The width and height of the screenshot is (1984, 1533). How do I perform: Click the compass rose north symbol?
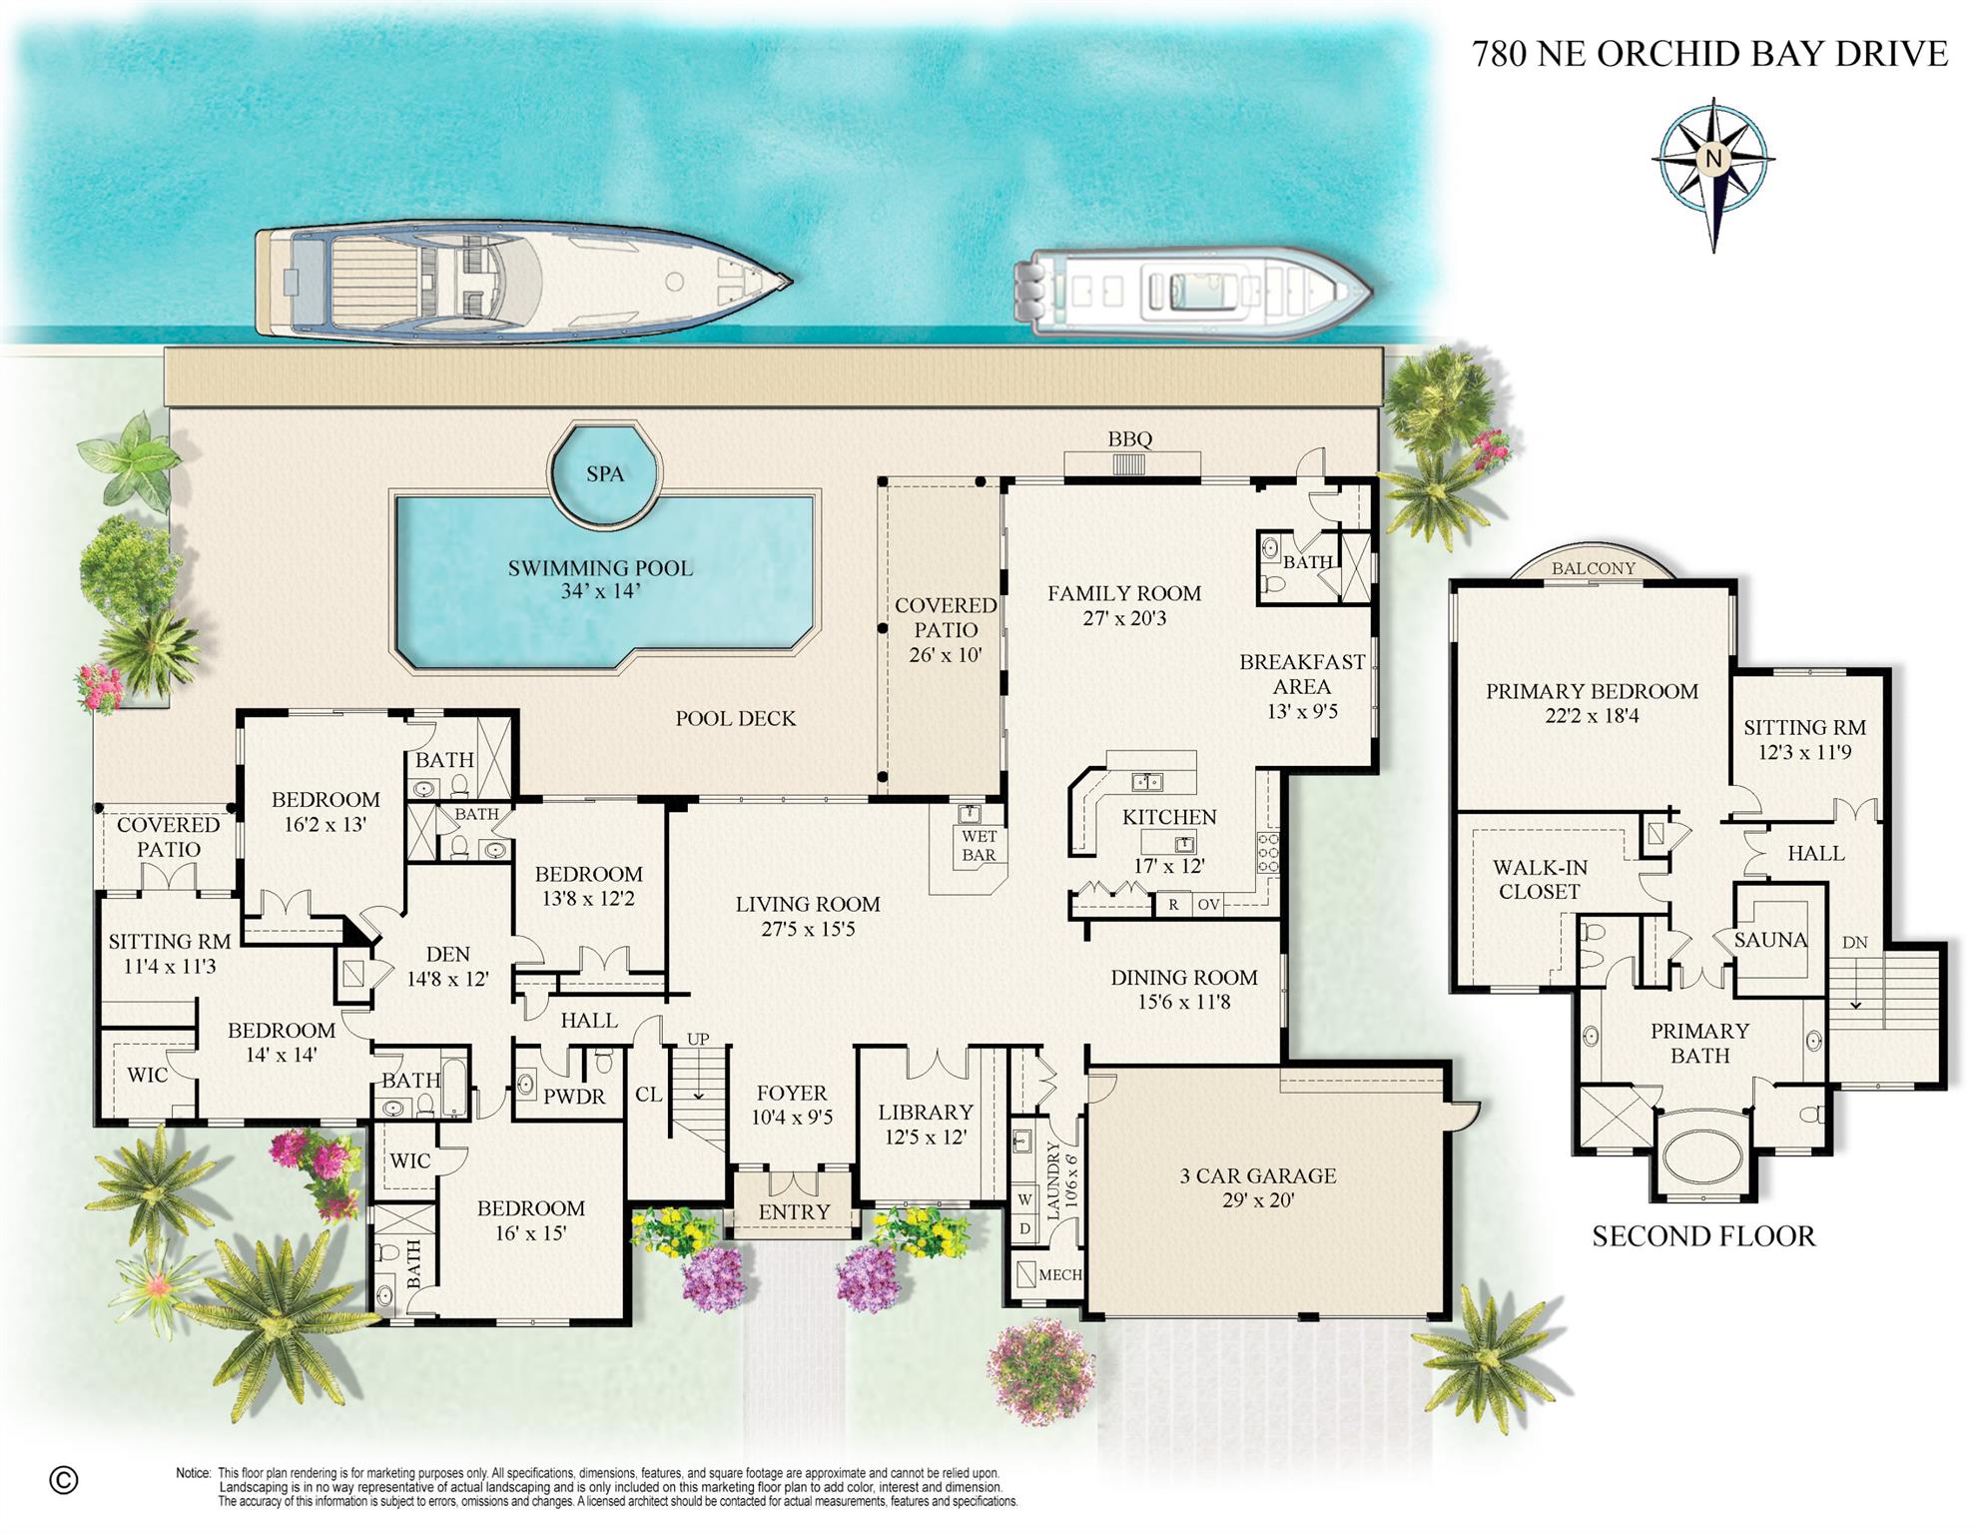point(1713,159)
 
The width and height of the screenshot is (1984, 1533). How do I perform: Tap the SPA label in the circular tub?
point(604,473)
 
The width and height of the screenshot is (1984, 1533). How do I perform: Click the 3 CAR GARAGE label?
point(1257,1175)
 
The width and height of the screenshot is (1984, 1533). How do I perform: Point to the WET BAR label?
point(979,845)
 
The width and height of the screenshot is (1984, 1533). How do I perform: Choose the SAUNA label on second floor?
point(1769,940)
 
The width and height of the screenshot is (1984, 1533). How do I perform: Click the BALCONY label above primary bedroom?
point(1593,568)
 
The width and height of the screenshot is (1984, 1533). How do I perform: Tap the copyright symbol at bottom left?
point(64,1479)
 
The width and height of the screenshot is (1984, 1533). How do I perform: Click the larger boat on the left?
point(519,283)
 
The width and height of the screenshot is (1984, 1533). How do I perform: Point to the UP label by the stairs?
point(698,1039)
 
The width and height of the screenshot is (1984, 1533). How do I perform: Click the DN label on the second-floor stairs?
point(1854,942)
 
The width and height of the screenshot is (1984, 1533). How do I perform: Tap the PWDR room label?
point(573,1097)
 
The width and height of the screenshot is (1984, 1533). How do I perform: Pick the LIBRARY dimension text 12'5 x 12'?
point(925,1137)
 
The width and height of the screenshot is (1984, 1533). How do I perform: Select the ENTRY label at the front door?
point(794,1211)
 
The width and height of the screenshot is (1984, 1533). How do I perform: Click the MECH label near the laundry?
point(1059,1274)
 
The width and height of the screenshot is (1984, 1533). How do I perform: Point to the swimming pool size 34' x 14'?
point(600,591)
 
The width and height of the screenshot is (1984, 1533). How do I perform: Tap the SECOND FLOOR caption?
point(1702,1236)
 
